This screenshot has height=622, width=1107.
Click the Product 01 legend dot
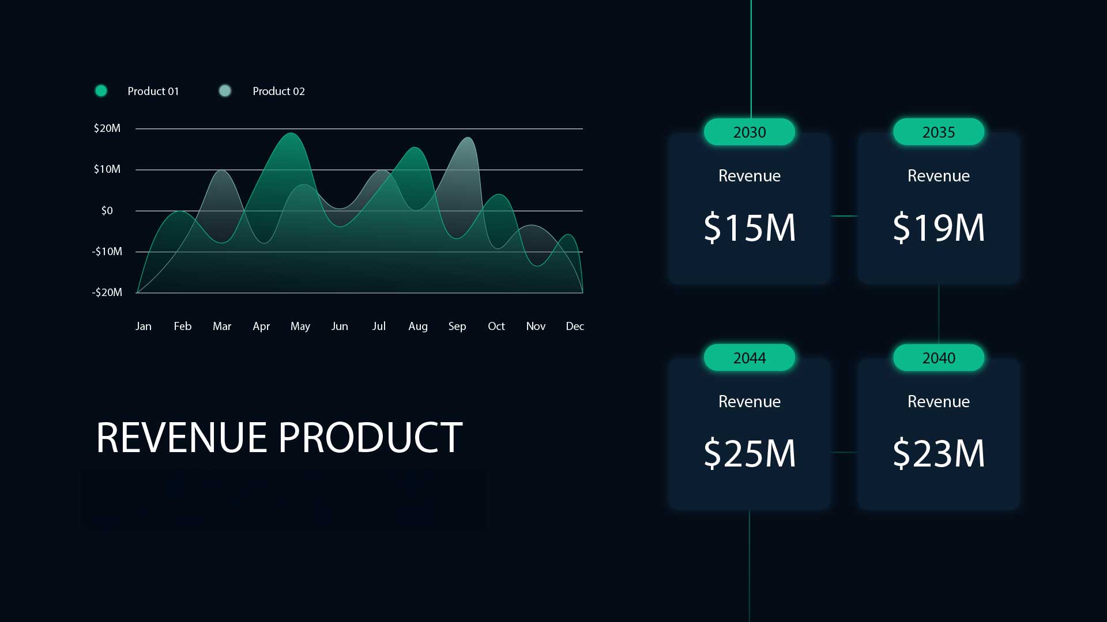click(x=101, y=90)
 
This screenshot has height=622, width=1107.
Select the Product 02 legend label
click(x=278, y=91)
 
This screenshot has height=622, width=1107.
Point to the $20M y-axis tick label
click(x=107, y=128)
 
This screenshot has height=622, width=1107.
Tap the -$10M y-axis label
click(x=107, y=251)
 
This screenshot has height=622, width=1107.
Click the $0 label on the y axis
click(x=107, y=210)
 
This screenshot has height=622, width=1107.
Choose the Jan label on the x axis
click(x=144, y=326)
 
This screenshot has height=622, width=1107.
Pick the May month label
click(x=300, y=327)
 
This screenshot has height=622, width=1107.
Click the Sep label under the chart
click(x=457, y=327)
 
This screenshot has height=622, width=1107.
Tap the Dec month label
click(x=575, y=326)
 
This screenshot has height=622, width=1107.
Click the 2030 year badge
click(x=750, y=132)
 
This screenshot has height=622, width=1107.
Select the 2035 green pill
click(x=939, y=132)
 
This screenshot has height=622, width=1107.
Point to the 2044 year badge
click(x=750, y=358)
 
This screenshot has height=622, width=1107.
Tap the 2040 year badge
click(x=939, y=358)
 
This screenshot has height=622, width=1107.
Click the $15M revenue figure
click(x=750, y=227)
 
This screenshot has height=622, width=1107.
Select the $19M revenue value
click(x=939, y=227)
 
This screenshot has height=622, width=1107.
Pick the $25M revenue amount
click(x=750, y=453)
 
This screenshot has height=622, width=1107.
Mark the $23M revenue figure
click(x=939, y=453)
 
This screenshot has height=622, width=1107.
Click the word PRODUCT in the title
click(x=370, y=437)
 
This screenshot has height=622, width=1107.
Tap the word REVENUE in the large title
click(x=181, y=437)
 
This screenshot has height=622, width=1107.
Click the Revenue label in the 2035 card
click(x=939, y=176)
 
